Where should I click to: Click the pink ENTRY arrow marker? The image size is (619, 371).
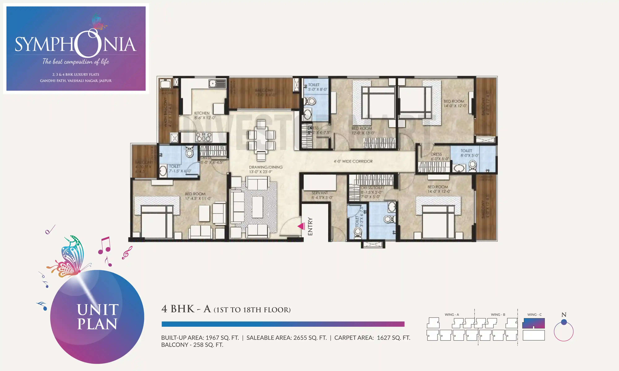[x=301, y=226]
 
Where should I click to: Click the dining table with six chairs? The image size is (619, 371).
[x=261, y=140]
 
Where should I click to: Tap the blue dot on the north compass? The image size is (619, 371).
[x=564, y=322]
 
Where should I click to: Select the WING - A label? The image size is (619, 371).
[x=452, y=315]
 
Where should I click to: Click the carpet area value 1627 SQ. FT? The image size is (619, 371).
[x=393, y=338]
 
